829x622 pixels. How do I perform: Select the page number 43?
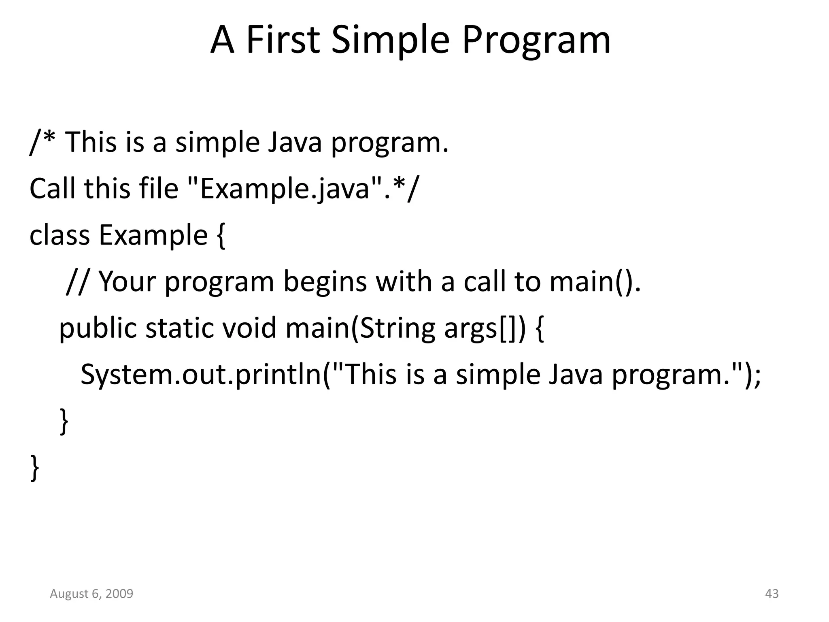coord(772,594)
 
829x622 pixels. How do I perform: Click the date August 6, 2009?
coord(91,594)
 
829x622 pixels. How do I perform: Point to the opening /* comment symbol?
coord(43,143)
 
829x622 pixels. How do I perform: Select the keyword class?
coord(60,235)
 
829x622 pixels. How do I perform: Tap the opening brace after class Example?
coord(221,236)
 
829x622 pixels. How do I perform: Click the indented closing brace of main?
coord(64,422)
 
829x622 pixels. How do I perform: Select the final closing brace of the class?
coord(35,468)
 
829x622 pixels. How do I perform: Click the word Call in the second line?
coord(52,189)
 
